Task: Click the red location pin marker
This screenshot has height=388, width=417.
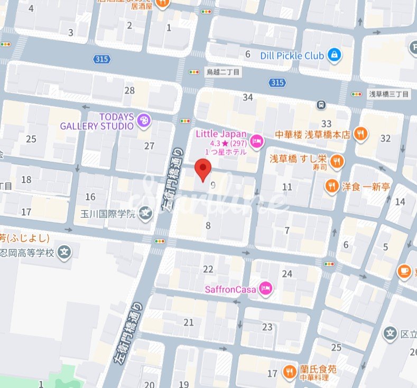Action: point(203,170)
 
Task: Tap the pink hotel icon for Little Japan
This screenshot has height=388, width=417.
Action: point(257,141)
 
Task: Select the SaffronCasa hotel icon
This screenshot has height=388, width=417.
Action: point(267,289)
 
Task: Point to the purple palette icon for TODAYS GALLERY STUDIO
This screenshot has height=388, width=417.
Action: point(143,121)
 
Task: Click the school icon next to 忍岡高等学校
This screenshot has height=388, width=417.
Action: point(65,252)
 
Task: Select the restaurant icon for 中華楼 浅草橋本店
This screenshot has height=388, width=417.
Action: point(360,134)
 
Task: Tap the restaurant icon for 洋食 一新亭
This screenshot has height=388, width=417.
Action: point(332,186)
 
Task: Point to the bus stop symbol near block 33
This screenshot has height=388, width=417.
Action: point(321,105)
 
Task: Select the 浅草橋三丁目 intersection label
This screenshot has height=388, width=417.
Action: point(388,94)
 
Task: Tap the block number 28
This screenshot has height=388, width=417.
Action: point(129,90)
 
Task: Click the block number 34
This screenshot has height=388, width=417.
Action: point(248,97)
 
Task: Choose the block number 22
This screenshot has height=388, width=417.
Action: point(208,269)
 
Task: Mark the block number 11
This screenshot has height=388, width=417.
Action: point(287,187)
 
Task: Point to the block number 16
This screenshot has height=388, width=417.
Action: point(90,197)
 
